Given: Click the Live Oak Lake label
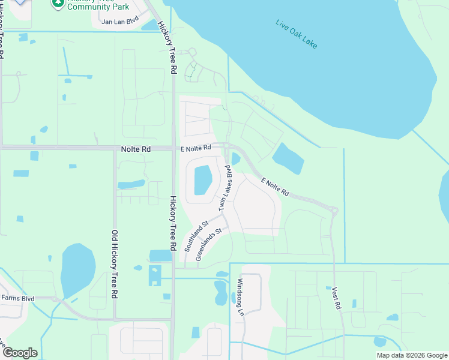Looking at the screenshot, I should (x=296, y=35).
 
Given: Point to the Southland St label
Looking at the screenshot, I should (x=196, y=236).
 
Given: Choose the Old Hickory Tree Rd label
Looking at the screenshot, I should (x=113, y=265).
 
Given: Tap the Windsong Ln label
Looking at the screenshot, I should (x=240, y=297).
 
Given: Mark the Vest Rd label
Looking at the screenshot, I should (x=336, y=298).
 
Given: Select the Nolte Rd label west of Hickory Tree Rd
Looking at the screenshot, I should (x=135, y=148).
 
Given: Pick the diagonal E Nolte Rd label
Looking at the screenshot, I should (x=276, y=186).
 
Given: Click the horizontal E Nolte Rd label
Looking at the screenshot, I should (x=196, y=148).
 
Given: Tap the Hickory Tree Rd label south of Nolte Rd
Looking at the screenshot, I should (x=173, y=223).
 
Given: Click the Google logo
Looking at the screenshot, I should (x=19, y=353).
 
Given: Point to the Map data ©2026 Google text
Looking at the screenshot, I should (x=412, y=355).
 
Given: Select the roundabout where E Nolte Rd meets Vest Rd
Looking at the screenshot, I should (x=333, y=210).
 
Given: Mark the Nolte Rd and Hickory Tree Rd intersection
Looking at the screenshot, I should (x=173, y=148).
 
